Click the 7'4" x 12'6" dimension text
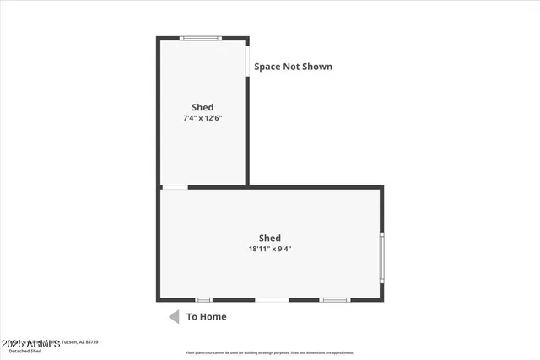point(202,119)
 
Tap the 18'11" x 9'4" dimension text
point(270,249)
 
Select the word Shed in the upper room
point(202,107)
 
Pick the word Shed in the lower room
point(270,238)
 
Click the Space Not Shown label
point(294,67)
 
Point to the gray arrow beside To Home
point(174,317)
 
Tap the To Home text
point(207,317)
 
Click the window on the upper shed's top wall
point(201,38)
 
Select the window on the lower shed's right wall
point(381,257)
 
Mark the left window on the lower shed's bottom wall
point(203,299)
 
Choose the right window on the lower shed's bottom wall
point(334,299)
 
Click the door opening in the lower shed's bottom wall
point(272,299)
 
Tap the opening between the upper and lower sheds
point(175,187)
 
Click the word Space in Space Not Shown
point(267,67)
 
